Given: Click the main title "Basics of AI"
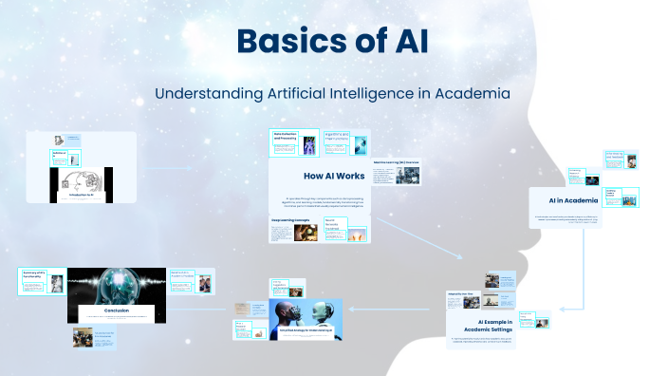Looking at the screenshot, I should click(x=333, y=41).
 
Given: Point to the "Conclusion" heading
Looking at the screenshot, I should click(x=117, y=310).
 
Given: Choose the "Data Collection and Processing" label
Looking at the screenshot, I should click(x=286, y=138).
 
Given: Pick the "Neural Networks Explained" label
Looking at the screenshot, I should click(x=335, y=225).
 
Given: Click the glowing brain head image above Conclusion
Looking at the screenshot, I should click(x=118, y=284).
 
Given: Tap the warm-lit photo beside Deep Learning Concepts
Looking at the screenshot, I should click(x=306, y=233).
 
